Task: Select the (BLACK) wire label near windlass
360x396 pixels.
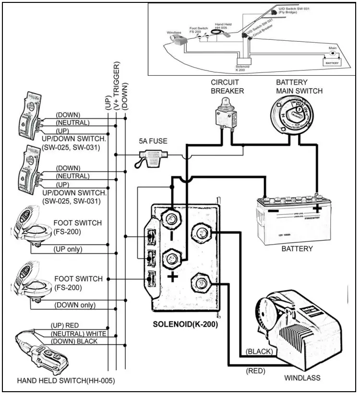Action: point(259,351)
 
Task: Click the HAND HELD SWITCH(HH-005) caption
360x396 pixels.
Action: point(66,381)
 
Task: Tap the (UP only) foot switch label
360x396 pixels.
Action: point(68,249)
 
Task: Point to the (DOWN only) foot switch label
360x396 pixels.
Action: point(74,305)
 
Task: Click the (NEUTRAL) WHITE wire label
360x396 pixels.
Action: point(79,333)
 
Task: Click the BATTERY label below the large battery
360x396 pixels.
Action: point(298,249)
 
